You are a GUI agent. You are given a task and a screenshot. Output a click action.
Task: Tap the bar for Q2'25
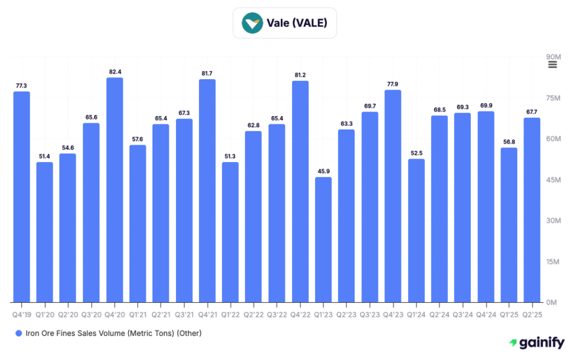[x=532, y=210]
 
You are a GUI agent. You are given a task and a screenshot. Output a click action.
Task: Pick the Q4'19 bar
[x=21, y=196]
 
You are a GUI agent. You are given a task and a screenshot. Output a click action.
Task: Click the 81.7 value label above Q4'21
[x=207, y=73]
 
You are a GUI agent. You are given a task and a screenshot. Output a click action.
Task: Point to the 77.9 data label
[x=393, y=84]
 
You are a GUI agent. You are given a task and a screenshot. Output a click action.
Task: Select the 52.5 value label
[x=416, y=153]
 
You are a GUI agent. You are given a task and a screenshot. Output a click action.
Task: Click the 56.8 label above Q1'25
[x=509, y=142]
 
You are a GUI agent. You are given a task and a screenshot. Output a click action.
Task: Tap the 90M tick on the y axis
[x=553, y=57]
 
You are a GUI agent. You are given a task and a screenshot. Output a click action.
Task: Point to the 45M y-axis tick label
[x=553, y=179]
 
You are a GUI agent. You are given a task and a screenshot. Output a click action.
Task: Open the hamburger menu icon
[x=552, y=64]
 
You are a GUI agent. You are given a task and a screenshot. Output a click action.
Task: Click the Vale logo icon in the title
[x=252, y=23]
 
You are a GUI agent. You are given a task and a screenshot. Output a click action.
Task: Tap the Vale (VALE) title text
[x=297, y=23]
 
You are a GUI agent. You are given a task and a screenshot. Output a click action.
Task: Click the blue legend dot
[x=18, y=333]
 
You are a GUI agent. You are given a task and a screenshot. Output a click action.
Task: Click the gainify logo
[x=536, y=343]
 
